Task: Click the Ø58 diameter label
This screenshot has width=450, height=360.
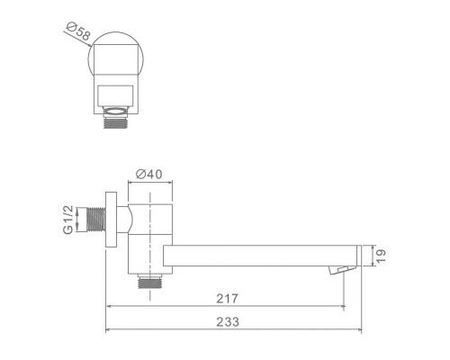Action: [78, 35]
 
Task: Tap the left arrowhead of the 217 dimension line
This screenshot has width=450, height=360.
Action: [111, 306]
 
